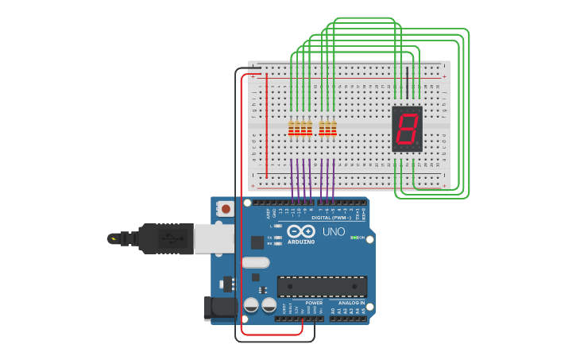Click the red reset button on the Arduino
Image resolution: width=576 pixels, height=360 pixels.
tap(226, 210)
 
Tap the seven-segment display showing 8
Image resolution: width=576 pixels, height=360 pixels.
tap(407, 128)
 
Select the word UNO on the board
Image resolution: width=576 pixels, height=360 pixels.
tap(334, 232)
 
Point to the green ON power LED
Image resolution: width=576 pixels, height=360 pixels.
tap(354, 238)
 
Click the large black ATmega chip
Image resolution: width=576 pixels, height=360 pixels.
tap(322, 287)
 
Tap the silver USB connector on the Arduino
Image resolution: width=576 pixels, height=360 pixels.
tap(214, 238)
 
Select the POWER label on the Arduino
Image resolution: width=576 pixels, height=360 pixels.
tap(315, 303)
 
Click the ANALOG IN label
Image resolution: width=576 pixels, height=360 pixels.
tap(351, 303)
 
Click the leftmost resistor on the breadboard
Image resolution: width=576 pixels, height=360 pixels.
tap(292, 128)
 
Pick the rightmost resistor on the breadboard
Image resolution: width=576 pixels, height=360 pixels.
tap(334, 128)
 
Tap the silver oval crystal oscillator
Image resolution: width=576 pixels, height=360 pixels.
tap(256, 262)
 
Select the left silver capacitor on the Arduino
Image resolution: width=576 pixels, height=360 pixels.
tap(251, 304)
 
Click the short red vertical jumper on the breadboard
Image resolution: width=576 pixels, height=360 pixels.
tap(266, 126)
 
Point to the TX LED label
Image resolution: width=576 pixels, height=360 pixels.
tap(270, 238)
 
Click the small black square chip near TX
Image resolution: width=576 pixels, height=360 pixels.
tap(257, 242)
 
